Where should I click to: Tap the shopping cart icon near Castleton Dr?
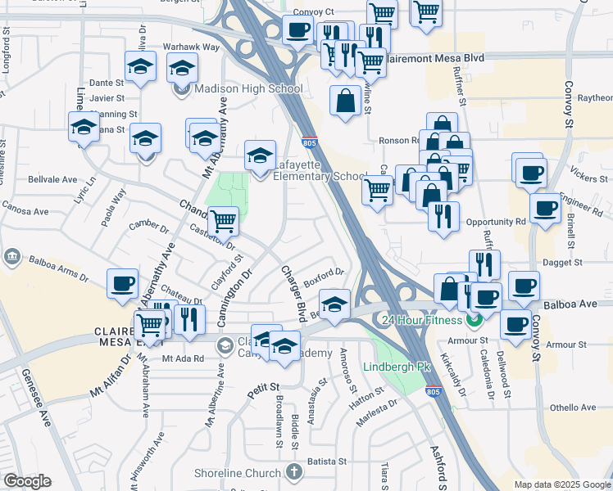click(223, 220)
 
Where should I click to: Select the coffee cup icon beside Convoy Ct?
click(297, 30)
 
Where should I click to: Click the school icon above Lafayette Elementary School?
click(261, 155)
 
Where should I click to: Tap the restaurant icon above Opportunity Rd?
click(443, 216)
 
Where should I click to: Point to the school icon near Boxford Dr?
click(334, 304)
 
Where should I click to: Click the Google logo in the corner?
click(27, 481)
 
